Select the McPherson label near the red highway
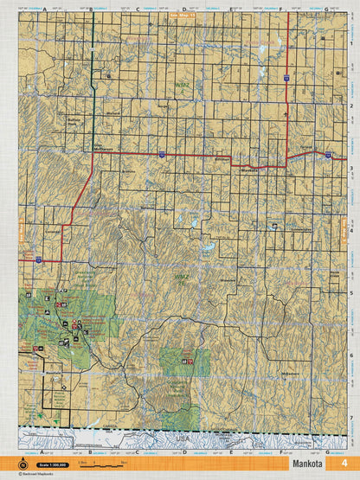coord(105,149)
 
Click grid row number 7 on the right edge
coord(353,418)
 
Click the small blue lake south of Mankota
coord(208,253)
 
